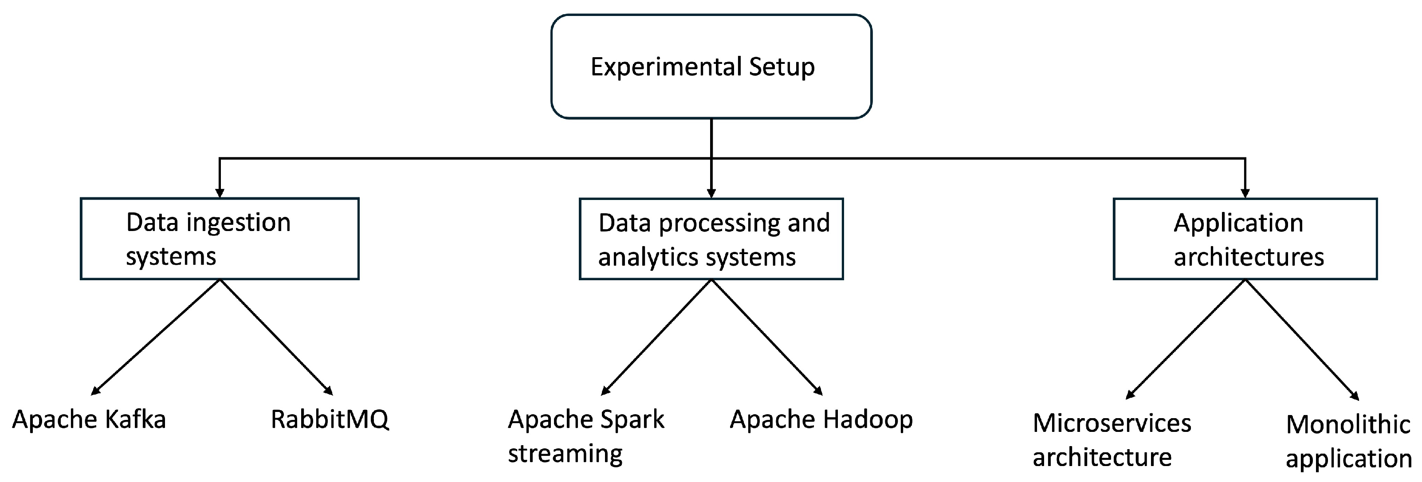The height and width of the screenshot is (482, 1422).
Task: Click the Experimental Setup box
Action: [711, 66]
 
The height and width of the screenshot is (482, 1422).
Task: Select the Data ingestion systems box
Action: [220, 239]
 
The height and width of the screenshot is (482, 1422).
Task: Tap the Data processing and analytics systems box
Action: [711, 239]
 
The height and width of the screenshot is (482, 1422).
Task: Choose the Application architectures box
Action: [1245, 239]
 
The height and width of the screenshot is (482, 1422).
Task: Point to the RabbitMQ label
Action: [330, 419]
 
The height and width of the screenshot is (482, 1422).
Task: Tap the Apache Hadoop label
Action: [821, 419]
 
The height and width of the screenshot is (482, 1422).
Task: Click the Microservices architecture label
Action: [1111, 440]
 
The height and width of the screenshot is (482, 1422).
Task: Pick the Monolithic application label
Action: [1347, 442]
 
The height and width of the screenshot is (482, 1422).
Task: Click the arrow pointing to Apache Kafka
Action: [156, 337]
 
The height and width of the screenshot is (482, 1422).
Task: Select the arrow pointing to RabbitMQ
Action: [276, 337]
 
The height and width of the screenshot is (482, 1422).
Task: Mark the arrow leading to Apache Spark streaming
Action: [657, 337]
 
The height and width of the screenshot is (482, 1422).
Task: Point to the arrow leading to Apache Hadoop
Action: [766, 337]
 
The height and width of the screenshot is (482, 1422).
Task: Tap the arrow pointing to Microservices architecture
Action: [1186, 339]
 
